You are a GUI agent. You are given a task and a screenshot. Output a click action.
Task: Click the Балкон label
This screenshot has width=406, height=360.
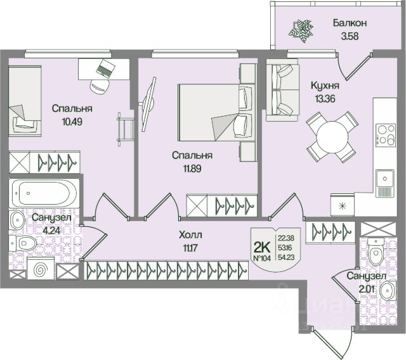tap(350, 23)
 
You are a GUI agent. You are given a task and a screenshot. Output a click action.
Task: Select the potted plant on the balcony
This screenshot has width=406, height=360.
tap(300, 29)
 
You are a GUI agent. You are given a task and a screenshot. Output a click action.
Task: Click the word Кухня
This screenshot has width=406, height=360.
tap(324, 84)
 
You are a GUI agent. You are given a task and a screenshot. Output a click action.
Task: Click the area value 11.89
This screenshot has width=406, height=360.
tap(193, 168)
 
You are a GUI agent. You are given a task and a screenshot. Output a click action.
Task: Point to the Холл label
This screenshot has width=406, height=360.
tap(190, 233)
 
